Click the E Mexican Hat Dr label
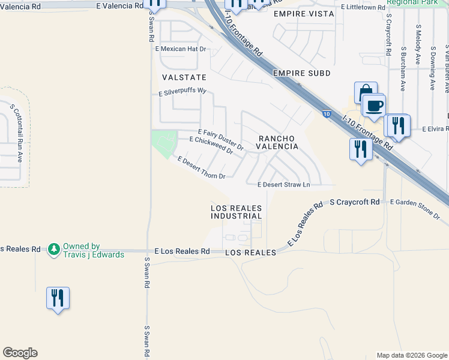click(x=181, y=49)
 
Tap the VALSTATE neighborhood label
click(x=184, y=77)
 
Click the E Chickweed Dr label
click(x=211, y=145)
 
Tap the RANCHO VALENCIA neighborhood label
click(x=278, y=142)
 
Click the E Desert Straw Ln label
click(x=283, y=185)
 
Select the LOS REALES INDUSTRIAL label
click(x=236, y=212)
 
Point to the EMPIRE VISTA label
click(x=303, y=13)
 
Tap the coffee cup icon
click(x=374, y=106)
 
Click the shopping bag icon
click(x=365, y=92)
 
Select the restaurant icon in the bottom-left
click(x=58, y=298)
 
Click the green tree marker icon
click(x=54, y=248)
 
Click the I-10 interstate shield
click(x=325, y=114)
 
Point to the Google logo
click(x=20, y=353)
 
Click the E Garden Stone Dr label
click(x=415, y=203)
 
